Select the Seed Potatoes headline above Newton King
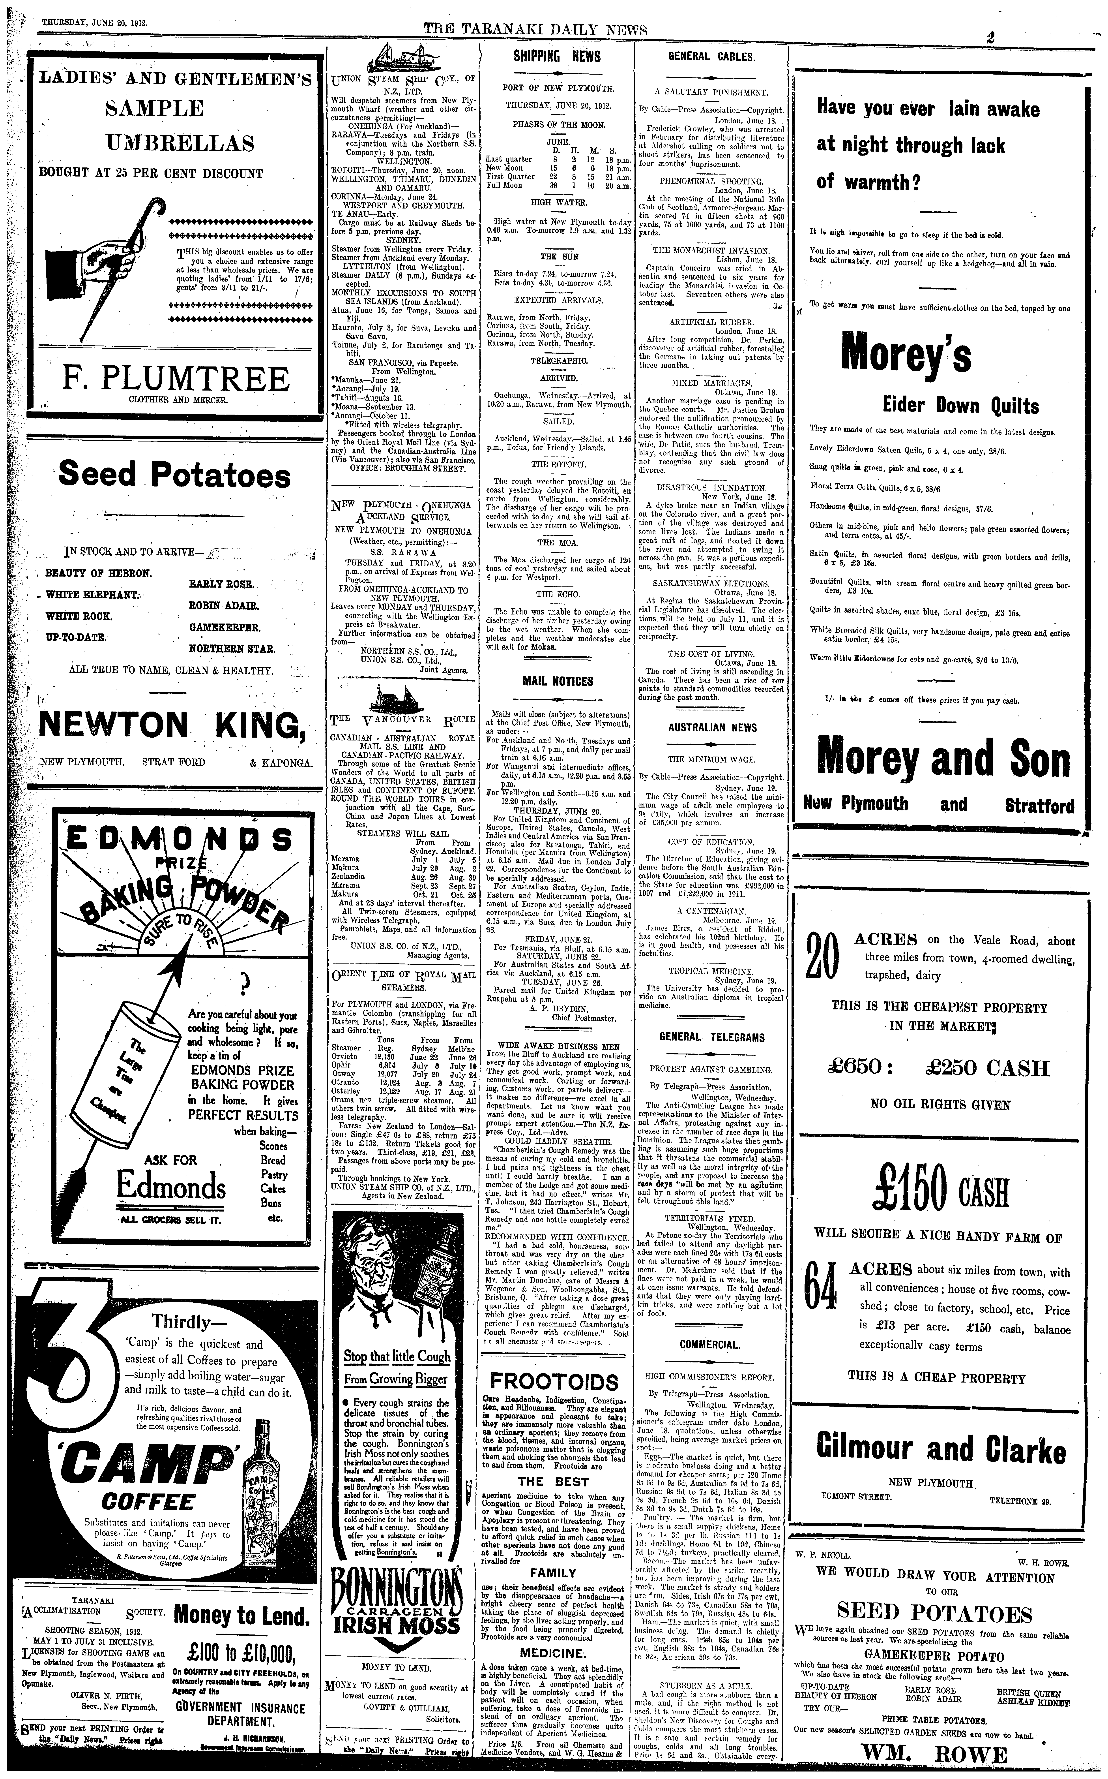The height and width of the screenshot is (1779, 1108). pos(174,475)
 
